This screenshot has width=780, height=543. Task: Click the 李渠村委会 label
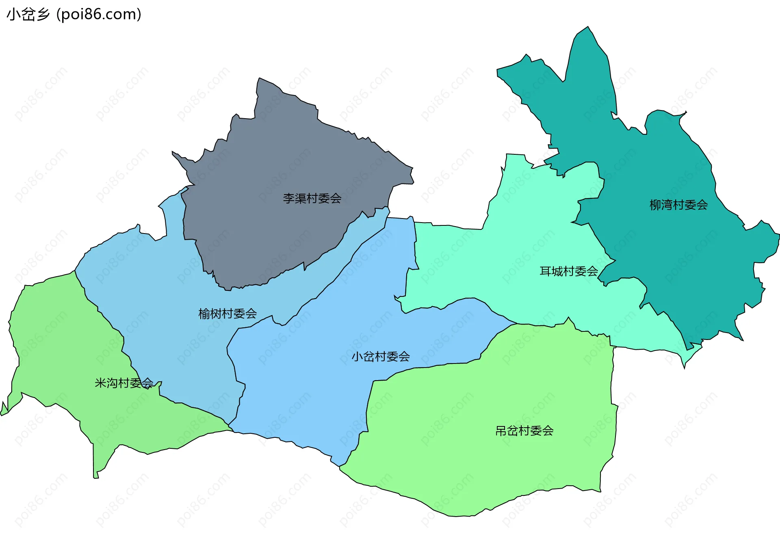point(312,199)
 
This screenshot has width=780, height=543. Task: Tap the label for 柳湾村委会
point(678,205)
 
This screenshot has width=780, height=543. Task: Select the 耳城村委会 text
point(568,271)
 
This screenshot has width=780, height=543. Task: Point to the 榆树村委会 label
point(227,314)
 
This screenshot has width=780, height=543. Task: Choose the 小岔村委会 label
point(381,357)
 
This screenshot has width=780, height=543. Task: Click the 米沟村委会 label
point(124,383)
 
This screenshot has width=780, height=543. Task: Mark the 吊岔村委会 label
point(524,431)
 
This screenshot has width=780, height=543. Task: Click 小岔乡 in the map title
point(28,15)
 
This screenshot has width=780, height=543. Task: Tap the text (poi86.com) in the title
point(99,15)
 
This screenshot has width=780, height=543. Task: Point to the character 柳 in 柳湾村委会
point(655,205)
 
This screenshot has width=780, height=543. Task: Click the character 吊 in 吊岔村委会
point(501,431)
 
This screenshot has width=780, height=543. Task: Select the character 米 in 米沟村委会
point(100,383)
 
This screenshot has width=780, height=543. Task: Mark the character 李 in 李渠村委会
point(289,199)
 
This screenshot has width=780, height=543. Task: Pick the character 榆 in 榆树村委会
point(204,314)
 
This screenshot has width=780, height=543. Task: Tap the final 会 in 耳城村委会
point(592,271)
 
